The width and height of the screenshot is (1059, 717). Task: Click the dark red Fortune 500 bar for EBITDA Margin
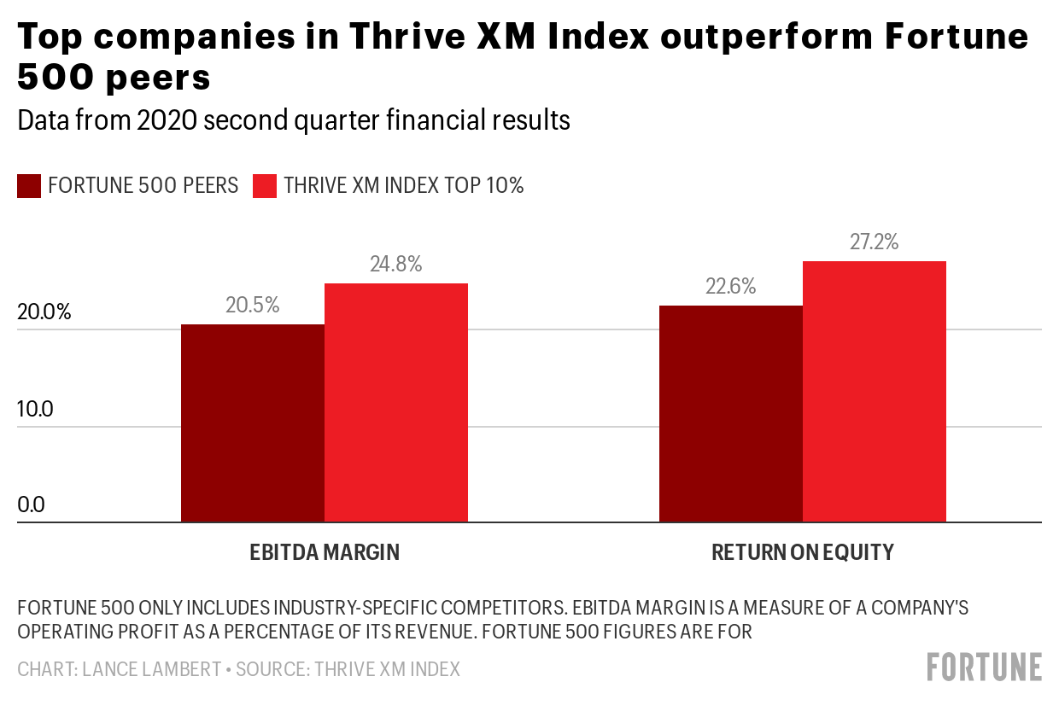click(x=253, y=423)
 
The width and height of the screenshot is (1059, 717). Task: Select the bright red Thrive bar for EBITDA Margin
click(x=396, y=402)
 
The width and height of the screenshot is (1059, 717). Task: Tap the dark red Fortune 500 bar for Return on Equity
click(x=731, y=413)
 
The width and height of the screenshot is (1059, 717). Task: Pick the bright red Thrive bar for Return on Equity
click(x=875, y=391)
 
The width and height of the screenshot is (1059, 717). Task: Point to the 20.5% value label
click(x=253, y=305)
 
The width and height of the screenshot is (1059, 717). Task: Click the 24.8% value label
click(x=396, y=264)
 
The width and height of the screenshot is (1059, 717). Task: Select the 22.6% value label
click(x=731, y=286)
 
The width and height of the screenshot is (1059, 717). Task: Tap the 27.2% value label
click(x=875, y=242)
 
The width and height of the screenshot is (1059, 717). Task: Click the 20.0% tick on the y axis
click(x=44, y=312)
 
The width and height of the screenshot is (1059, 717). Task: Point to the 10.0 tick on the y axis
click(x=35, y=409)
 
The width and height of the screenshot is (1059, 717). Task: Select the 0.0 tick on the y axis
click(x=32, y=505)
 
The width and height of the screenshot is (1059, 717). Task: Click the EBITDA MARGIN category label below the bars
click(x=325, y=552)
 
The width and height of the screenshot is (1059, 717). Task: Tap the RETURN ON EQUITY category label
click(x=803, y=552)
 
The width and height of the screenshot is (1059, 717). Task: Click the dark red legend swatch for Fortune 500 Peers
click(x=29, y=186)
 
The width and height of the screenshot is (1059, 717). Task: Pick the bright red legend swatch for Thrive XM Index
click(x=266, y=186)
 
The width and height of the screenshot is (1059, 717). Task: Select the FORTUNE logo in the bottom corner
click(x=985, y=667)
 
